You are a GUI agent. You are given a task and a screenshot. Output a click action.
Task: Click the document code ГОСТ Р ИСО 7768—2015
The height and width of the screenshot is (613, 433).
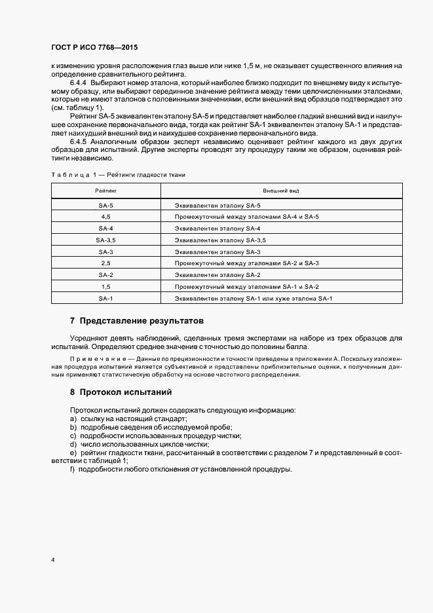tap(94, 48)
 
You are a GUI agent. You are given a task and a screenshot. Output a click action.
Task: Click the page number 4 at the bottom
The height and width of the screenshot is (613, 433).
tap(53, 561)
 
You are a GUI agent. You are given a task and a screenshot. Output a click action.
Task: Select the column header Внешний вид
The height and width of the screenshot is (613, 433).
tap(281, 191)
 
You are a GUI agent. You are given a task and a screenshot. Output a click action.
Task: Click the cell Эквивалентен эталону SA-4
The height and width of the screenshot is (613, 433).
tap(217, 228)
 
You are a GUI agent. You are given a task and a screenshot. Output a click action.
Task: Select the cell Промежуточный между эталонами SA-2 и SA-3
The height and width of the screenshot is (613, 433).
tap(246, 263)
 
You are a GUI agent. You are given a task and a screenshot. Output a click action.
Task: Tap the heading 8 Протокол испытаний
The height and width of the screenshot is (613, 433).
tap(121, 392)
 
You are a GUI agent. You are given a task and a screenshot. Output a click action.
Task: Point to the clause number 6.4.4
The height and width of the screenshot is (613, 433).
tap(79, 83)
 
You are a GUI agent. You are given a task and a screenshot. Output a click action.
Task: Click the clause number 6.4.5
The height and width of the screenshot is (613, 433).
tap(79, 141)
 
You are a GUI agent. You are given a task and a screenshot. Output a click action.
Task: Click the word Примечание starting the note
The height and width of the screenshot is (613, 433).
tap(92, 360)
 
